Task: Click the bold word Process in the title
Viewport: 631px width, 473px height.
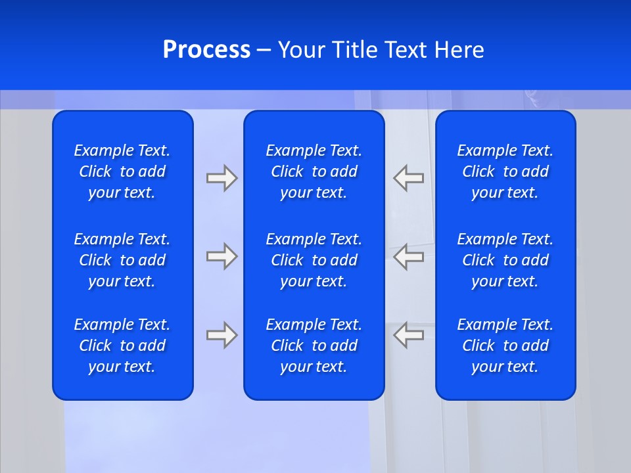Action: tap(206, 50)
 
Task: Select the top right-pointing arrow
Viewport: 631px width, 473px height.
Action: tap(222, 178)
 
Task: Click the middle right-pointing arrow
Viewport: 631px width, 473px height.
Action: tap(222, 256)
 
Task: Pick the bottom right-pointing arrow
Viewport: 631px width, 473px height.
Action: tap(222, 335)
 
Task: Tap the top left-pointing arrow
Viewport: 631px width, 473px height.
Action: tap(409, 178)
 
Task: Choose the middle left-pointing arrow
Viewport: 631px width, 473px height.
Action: tap(409, 256)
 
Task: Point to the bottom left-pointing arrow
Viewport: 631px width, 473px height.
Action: tap(409, 335)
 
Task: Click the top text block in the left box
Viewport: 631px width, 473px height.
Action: tap(122, 171)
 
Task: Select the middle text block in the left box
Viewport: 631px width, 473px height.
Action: tap(122, 260)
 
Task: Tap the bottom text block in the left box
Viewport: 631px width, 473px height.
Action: tap(122, 346)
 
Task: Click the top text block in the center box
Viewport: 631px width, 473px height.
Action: tap(314, 171)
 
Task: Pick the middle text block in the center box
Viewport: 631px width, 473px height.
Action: tap(314, 260)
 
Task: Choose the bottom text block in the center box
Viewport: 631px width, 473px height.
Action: tap(314, 346)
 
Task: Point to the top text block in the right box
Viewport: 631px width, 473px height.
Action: tap(505, 171)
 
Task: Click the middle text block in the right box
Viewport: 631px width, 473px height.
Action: tap(505, 260)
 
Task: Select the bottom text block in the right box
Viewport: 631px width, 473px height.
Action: tap(505, 346)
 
